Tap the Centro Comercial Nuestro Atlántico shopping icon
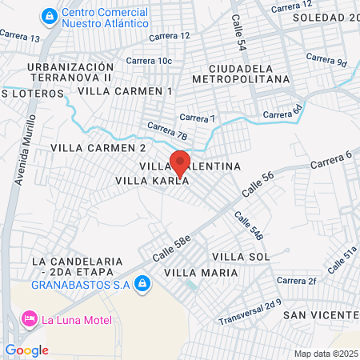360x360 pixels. click(50, 15)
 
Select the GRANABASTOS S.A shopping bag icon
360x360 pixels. click(142, 283)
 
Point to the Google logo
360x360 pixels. click(26, 350)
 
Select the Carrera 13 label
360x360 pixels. click(21, 37)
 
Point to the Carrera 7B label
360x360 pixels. click(166, 130)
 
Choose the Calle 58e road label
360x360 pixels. click(173, 241)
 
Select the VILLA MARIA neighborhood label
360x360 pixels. click(201, 273)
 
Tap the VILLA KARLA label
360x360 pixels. click(153, 181)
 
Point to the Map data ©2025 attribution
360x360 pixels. click(325, 354)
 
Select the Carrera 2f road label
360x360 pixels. click(297, 281)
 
